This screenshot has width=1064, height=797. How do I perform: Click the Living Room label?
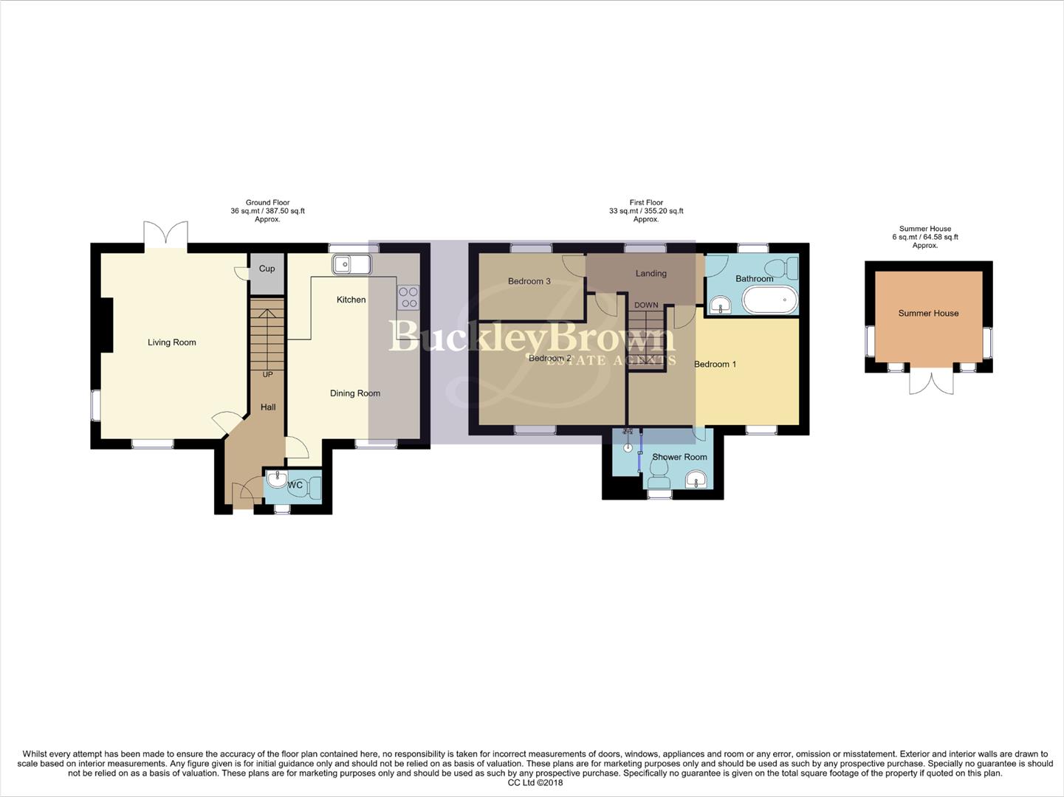[x=171, y=342]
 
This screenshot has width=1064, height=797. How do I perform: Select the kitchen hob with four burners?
[x=408, y=297]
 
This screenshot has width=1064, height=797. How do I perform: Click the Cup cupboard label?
[x=267, y=269]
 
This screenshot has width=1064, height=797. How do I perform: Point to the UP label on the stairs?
[x=267, y=375]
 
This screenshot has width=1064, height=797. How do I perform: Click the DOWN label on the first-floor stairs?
[x=646, y=305]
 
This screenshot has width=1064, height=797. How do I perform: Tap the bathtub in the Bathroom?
[x=769, y=301]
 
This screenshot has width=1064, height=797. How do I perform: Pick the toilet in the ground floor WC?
[x=313, y=487]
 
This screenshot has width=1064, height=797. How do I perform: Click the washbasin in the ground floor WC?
[x=277, y=480]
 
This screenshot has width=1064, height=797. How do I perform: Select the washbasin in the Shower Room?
[x=696, y=481]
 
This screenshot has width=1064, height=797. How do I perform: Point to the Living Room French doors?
[x=166, y=234]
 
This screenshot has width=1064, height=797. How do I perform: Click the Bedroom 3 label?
[x=529, y=281]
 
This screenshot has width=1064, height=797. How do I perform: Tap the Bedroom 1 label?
[x=715, y=364]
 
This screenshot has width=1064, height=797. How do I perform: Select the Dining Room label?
[x=355, y=393]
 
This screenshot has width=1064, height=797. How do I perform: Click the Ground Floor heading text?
[x=267, y=202]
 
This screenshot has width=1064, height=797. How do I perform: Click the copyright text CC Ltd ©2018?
[x=535, y=783]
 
